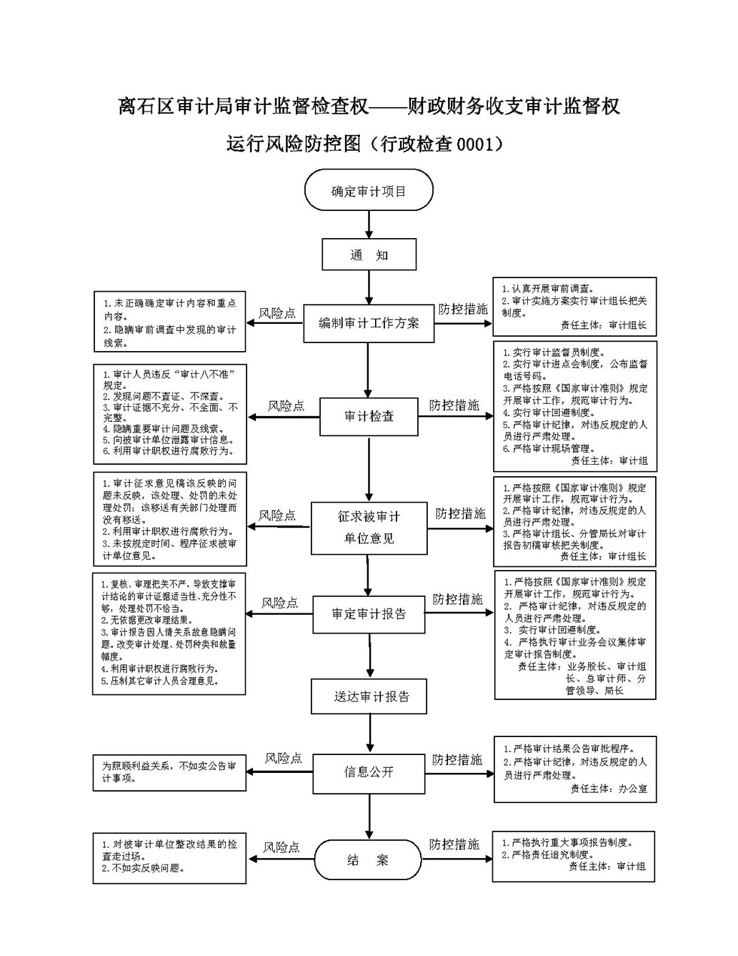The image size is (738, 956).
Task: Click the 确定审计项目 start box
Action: pyautogui.click(x=369, y=189)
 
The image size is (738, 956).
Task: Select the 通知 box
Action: pyautogui.click(x=369, y=255)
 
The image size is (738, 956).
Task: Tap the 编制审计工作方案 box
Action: pyautogui.click(x=369, y=323)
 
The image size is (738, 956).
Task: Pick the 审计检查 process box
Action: pyautogui.click(x=369, y=417)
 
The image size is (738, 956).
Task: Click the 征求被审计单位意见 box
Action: pyautogui.click(x=369, y=528)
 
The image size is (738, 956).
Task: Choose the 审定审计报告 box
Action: pyautogui.click(x=369, y=615)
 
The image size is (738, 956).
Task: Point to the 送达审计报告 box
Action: pyautogui.click(x=369, y=696)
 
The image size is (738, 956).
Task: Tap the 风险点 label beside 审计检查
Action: pyautogui.click(x=286, y=405)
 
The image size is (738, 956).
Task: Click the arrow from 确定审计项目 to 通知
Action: pyautogui.click(x=369, y=225)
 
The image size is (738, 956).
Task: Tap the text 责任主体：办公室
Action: pyautogui.click(x=609, y=789)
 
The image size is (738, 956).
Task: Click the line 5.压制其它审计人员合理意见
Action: pyautogui.click(x=160, y=681)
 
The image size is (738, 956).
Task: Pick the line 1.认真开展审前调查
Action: pyautogui.click(x=548, y=289)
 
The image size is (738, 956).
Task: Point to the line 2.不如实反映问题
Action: pyautogui.click(x=144, y=868)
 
